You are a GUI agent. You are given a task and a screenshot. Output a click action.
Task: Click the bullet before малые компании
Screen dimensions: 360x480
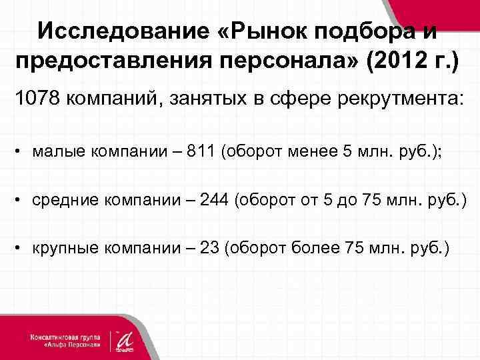point(21,151)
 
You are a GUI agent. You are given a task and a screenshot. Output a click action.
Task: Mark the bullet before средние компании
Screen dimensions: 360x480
point(21,200)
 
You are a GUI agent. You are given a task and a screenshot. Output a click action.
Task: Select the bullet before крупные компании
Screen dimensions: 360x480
point(21,249)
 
